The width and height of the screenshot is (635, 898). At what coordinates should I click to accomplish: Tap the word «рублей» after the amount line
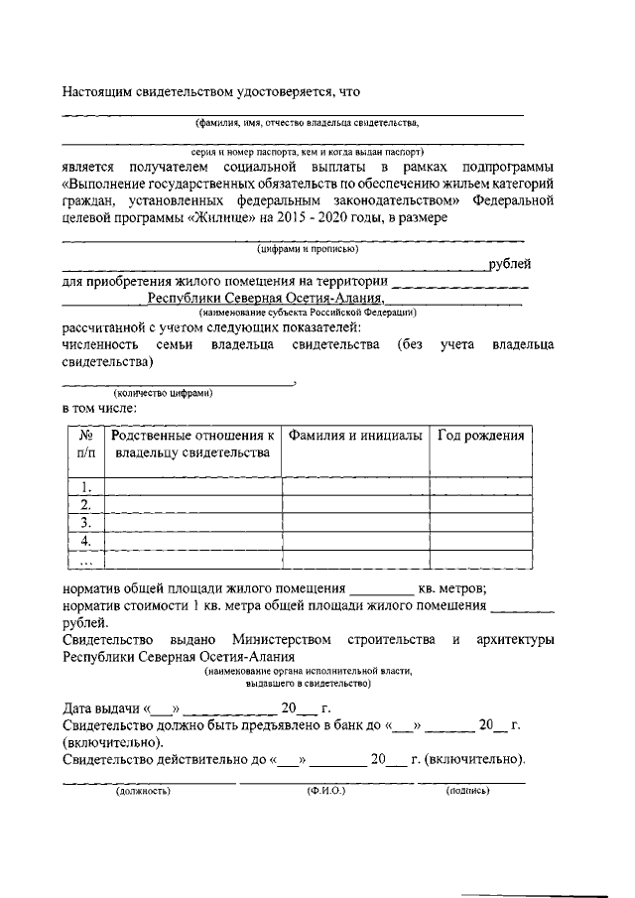510,264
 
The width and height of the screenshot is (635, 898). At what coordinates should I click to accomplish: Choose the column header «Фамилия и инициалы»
354,437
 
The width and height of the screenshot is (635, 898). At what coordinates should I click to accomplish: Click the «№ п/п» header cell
86,445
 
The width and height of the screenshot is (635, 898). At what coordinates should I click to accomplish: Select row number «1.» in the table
86,486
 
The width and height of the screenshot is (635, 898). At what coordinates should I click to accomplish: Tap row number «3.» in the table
86,522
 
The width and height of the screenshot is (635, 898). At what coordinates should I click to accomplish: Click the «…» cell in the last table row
86,561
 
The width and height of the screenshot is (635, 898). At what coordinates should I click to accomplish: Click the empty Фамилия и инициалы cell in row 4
354,541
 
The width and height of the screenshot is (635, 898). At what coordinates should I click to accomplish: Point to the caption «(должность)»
144,791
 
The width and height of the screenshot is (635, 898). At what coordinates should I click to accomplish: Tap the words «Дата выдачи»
102,709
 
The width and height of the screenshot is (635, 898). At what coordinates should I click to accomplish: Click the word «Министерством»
280,640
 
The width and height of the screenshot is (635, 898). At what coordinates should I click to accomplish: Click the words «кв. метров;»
451,587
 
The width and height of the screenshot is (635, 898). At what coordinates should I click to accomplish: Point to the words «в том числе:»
99,408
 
